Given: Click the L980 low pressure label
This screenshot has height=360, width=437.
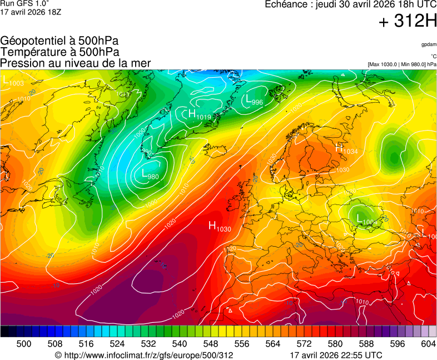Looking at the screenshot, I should click(151, 175).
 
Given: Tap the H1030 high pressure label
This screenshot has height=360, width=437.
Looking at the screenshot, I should click(220, 226).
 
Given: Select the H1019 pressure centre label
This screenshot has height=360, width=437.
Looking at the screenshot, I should click(200, 115).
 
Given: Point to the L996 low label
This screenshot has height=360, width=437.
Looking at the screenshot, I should click(254, 100).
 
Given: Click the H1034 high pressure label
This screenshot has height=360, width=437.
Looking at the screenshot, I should click(346, 148).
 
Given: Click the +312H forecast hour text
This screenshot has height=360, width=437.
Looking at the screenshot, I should click(408, 22).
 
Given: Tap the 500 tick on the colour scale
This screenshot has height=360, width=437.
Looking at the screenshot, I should click(24, 344).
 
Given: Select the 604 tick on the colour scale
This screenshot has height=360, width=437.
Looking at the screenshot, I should click(428, 344).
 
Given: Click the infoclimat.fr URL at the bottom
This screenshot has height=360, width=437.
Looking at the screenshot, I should click(144, 355).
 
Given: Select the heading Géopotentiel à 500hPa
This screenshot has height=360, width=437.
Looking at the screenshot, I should click(59, 41).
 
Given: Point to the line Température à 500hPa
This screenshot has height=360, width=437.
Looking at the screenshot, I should click(59, 52).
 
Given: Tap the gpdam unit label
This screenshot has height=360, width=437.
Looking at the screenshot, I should click(428, 44).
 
